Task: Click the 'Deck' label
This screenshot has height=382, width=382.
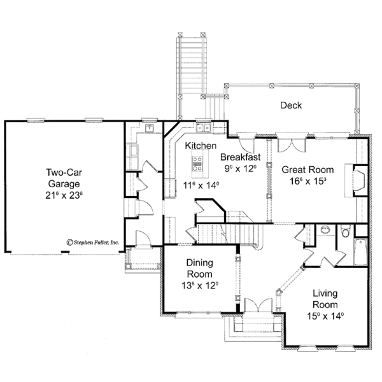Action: [x=291, y=106]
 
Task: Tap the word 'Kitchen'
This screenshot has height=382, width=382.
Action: [x=201, y=146]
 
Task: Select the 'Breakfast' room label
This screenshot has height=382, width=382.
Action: [x=240, y=157]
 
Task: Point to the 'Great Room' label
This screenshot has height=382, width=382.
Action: [x=299, y=169]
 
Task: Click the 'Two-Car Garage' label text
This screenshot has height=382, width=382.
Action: [x=62, y=178]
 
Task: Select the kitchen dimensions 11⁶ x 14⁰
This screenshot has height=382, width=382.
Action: [x=201, y=185]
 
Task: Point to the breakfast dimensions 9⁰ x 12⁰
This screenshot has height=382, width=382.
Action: [x=240, y=169]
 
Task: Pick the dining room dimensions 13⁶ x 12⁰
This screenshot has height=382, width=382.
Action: [x=199, y=285]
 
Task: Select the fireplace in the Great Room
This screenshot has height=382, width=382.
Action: [x=358, y=179]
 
